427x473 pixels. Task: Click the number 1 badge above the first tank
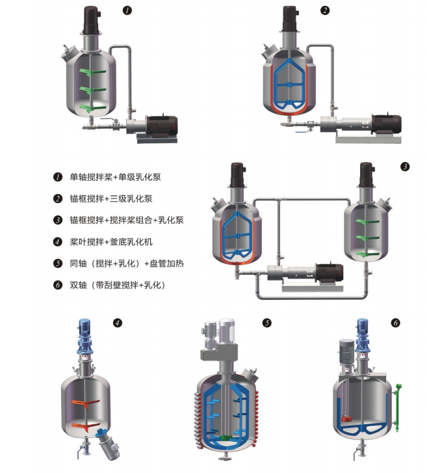pos(129,10)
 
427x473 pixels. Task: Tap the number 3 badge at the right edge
pos(405,167)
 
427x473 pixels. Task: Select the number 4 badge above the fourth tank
pos(118,321)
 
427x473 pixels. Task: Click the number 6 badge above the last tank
pos(396,322)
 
